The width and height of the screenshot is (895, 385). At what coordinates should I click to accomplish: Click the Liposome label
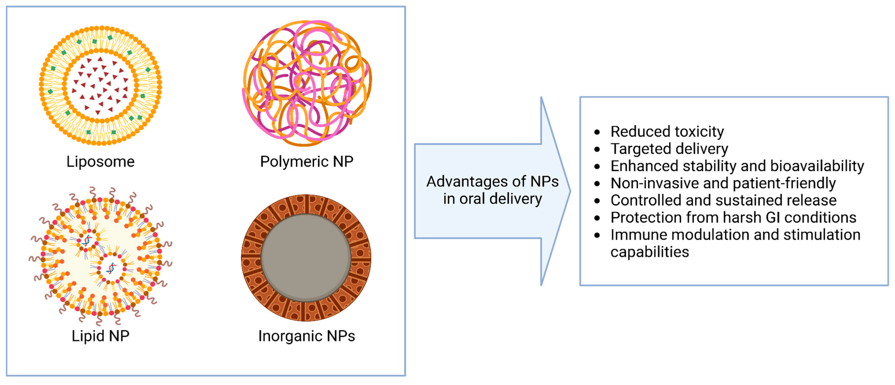pos(100,162)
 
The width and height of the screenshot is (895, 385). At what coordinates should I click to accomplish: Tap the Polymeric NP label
pos(307,162)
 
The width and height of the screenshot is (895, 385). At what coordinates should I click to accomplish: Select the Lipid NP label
pos(100,336)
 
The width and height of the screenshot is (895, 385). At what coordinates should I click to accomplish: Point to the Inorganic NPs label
pos(307,336)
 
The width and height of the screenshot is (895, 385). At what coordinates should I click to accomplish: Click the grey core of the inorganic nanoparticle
pos(306,257)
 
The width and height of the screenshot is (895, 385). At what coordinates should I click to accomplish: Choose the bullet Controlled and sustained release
pos(723,200)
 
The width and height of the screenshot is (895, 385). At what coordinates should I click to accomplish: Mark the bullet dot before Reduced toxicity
pos(597,132)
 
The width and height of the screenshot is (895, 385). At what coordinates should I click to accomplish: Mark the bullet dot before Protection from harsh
pos(597,218)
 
